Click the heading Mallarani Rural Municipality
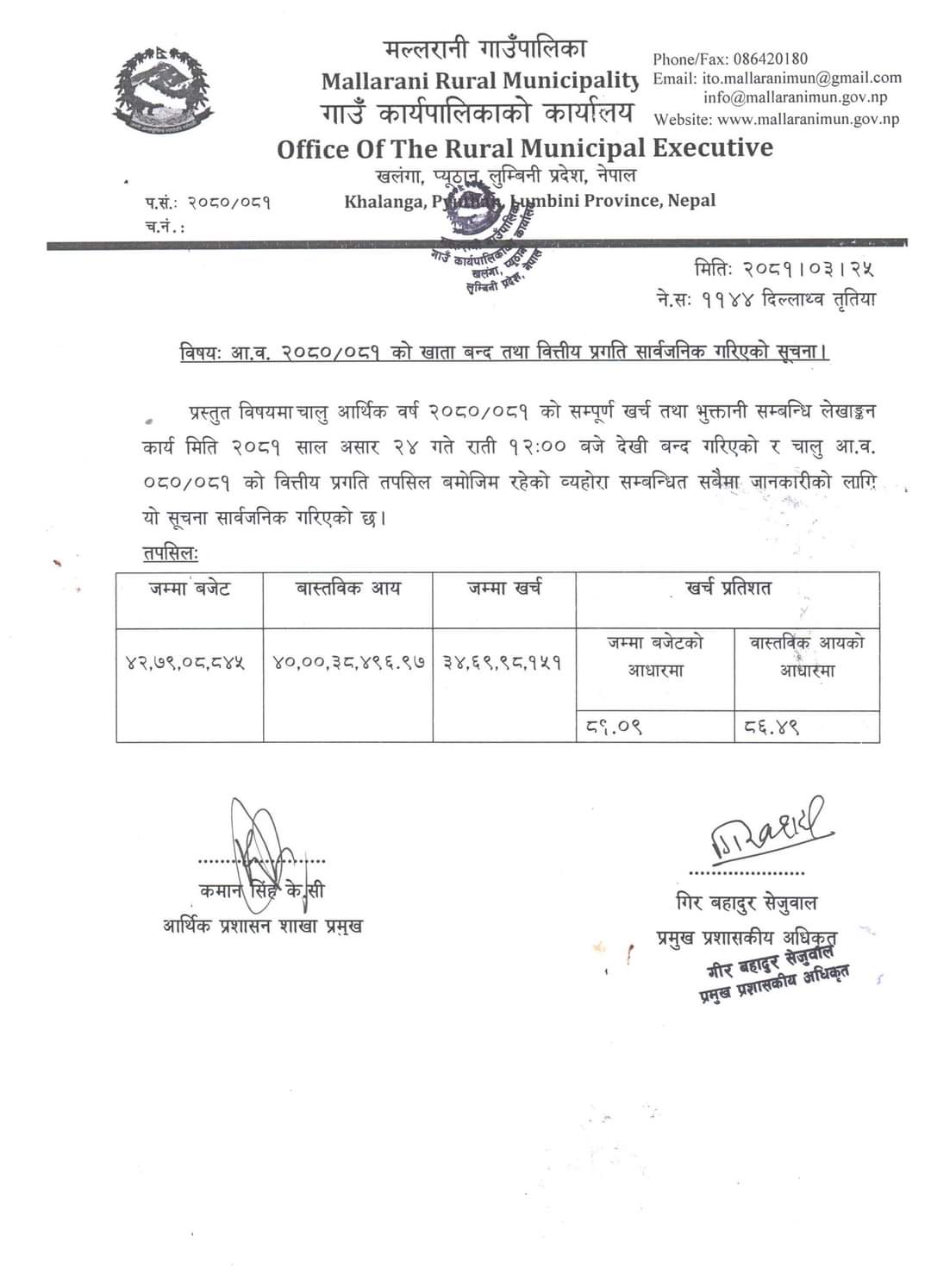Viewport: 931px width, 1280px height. click(x=479, y=81)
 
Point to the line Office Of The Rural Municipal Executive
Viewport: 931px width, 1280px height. click(x=525, y=148)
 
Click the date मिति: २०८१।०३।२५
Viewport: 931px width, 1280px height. click(x=784, y=269)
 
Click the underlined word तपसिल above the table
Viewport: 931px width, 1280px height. click(x=171, y=553)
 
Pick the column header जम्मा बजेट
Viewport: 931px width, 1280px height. click(x=190, y=590)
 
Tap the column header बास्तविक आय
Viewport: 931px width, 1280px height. click(x=348, y=590)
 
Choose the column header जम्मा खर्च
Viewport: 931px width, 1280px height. click(x=504, y=590)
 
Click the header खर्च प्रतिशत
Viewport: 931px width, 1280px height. click(x=728, y=589)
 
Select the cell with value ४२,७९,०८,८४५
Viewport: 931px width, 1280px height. click(x=184, y=663)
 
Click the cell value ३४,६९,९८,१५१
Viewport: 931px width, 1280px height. click(x=503, y=663)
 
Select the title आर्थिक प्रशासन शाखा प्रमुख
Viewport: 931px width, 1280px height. click(x=262, y=927)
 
